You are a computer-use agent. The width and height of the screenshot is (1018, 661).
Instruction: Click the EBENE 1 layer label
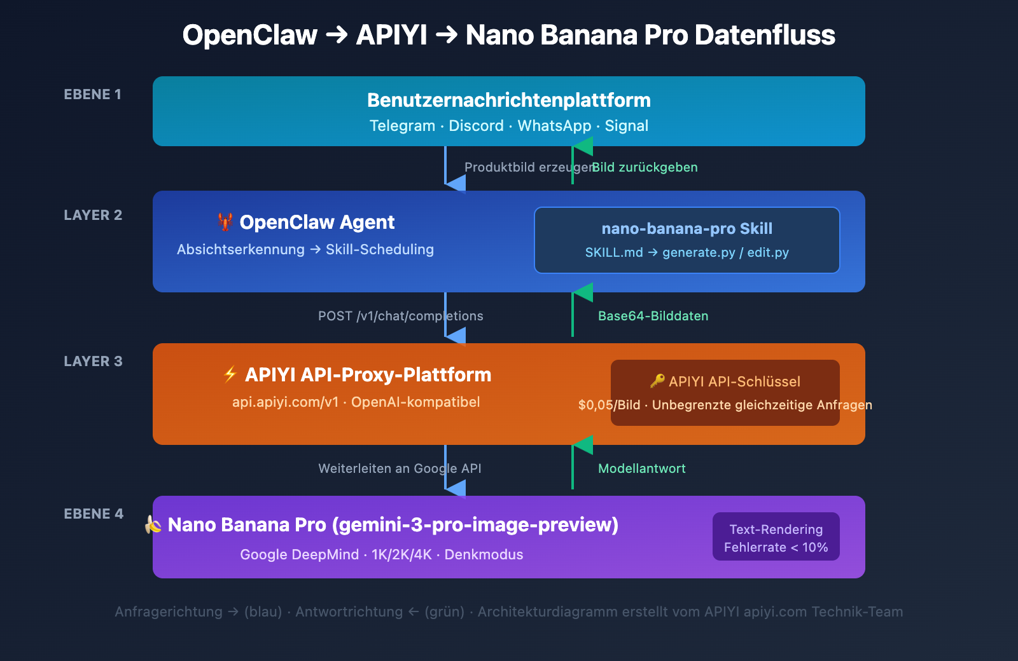coord(92,95)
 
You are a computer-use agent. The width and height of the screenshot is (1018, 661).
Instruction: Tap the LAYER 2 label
coord(93,215)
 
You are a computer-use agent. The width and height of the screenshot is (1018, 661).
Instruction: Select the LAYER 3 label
coord(93,362)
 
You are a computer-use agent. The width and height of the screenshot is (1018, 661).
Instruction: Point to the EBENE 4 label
coord(94,514)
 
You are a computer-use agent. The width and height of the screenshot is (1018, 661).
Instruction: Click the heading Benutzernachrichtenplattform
coord(509,100)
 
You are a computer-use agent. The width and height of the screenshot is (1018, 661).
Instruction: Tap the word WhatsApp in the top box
coord(554,126)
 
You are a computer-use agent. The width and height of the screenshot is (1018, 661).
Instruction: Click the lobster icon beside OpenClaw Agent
coord(225,222)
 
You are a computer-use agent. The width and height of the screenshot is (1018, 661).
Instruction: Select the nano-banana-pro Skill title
coord(687,229)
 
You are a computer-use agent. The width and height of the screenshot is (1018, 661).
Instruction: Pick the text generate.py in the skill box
coord(699,253)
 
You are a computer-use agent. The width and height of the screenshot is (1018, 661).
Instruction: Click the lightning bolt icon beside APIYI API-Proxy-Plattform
coord(230,374)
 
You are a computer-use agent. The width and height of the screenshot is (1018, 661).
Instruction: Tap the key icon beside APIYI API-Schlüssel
coord(657,381)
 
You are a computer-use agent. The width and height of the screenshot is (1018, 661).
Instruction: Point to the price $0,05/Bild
coord(609,405)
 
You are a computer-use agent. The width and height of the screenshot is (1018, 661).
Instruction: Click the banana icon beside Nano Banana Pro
coord(153,524)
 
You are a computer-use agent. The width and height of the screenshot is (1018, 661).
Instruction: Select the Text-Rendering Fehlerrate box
coord(776,537)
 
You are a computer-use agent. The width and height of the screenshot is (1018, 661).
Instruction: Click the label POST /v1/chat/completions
coord(400,317)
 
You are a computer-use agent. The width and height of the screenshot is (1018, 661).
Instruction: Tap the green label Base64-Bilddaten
coord(653,317)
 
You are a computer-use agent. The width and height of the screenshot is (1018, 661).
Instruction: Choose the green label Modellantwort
coord(641,469)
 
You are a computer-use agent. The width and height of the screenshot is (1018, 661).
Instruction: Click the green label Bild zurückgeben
coord(645,168)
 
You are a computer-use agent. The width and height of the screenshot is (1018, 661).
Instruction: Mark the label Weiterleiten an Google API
coord(400,469)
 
